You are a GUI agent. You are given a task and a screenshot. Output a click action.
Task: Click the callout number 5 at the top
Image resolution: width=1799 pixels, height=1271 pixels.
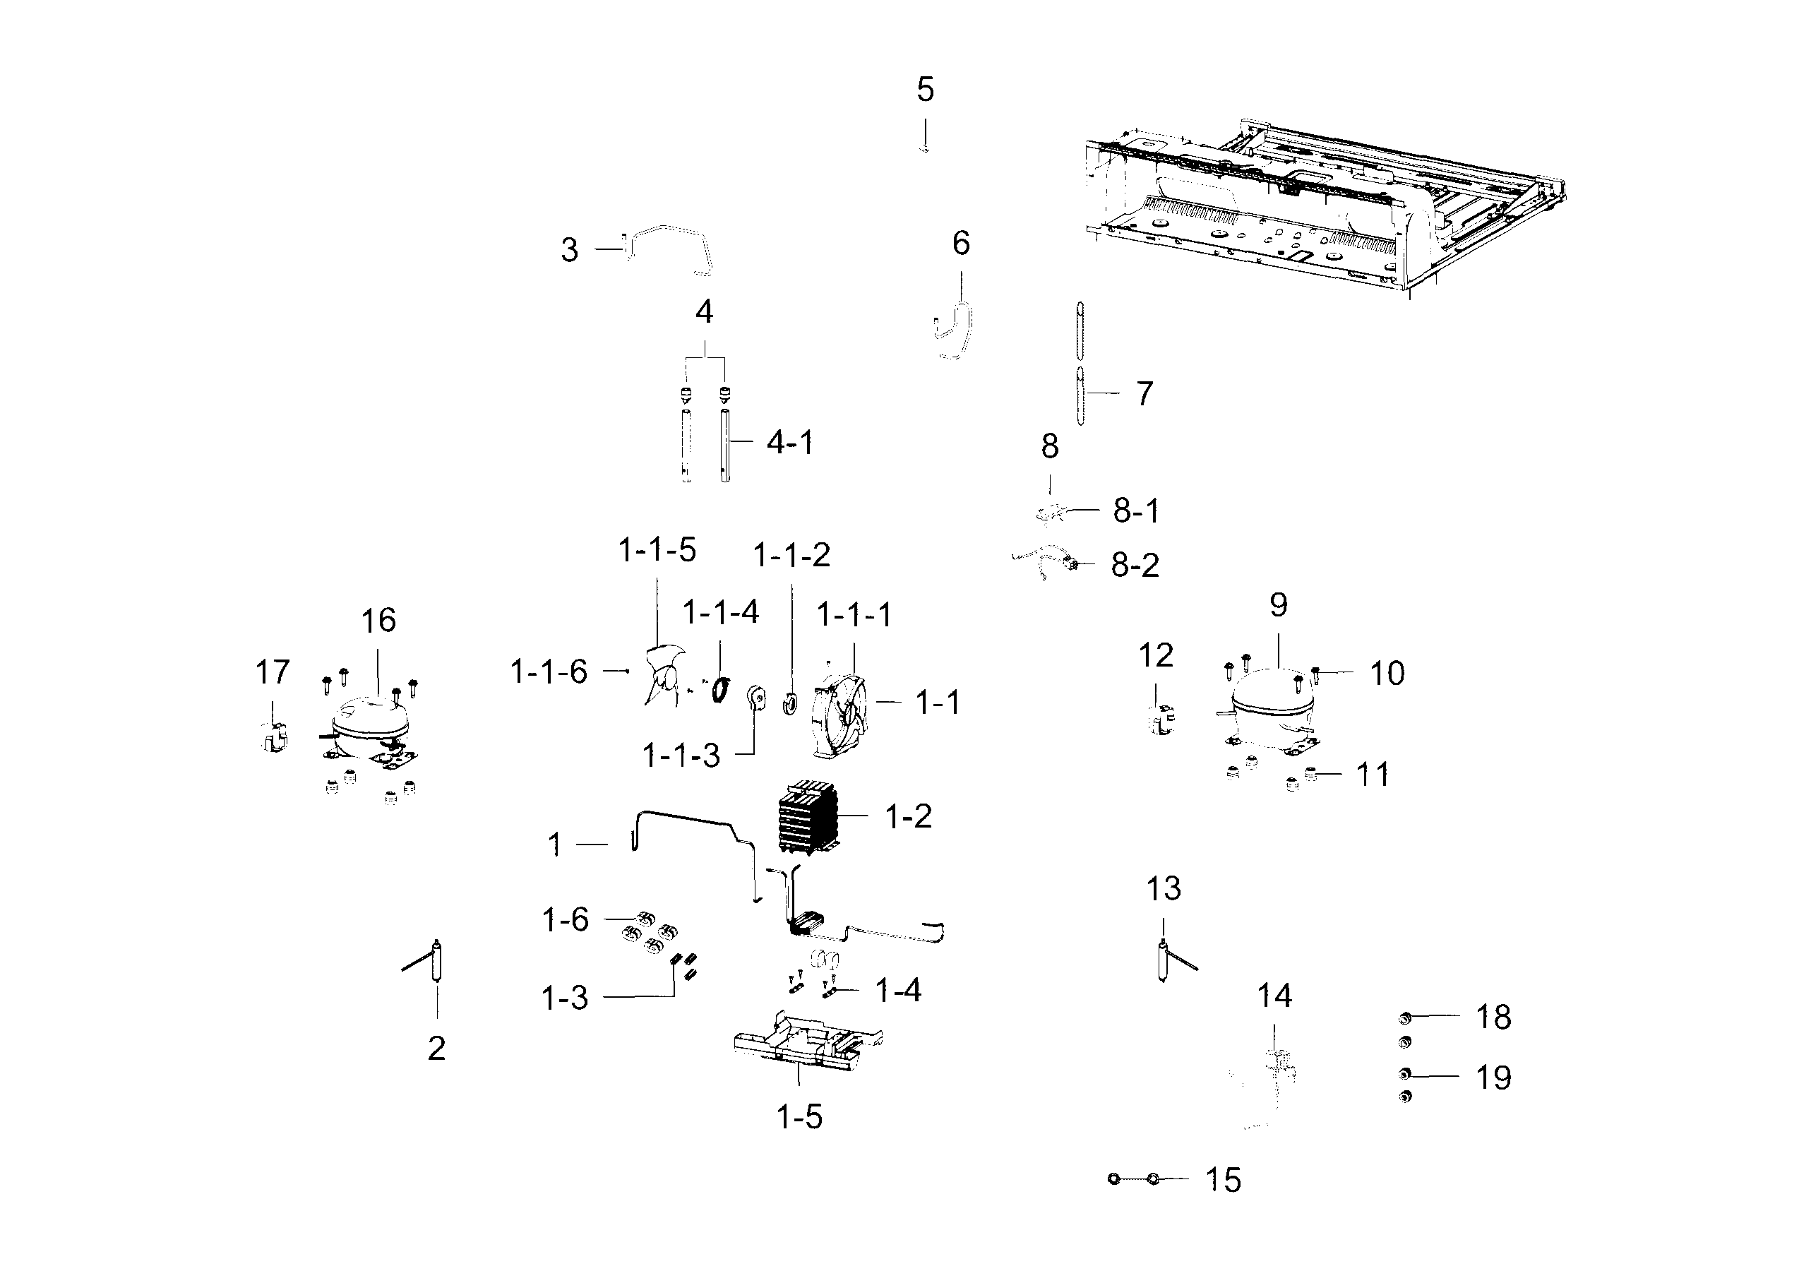click(x=926, y=90)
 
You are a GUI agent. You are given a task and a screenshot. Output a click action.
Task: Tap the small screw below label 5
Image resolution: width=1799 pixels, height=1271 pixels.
click(x=926, y=148)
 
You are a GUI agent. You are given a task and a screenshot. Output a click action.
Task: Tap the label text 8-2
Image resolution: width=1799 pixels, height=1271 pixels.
click(x=1135, y=565)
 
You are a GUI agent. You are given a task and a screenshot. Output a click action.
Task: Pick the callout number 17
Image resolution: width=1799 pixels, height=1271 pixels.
click(x=273, y=672)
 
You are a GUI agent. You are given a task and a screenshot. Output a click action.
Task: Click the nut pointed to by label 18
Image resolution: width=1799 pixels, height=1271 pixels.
click(x=1405, y=1018)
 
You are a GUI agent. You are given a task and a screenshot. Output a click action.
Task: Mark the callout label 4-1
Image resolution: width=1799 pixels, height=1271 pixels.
click(x=790, y=443)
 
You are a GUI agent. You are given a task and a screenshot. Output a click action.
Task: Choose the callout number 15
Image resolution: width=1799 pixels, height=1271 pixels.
click(x=1223, y=1180)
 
